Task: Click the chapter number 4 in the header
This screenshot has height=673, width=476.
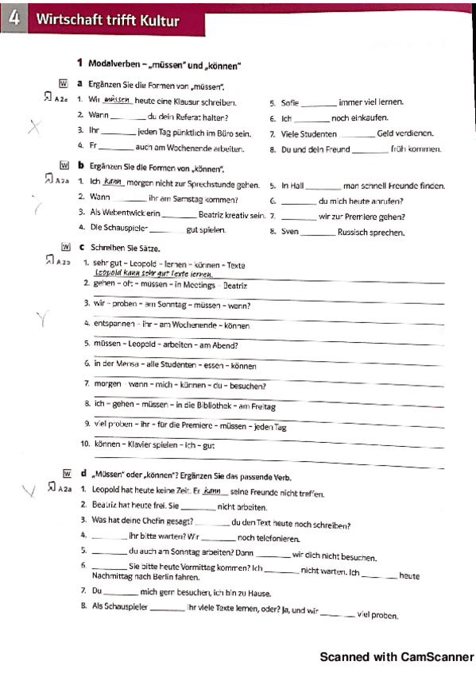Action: point(13,19)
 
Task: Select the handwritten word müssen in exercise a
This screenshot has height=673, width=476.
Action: point(118,101)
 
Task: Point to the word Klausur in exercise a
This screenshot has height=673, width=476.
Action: point(184,102)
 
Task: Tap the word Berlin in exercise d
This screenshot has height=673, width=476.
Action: point(161,576)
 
